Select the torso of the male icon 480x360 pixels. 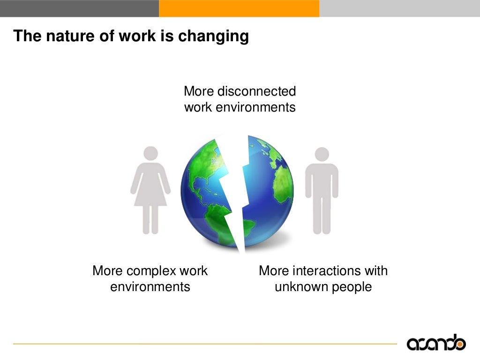(x=322, y=180)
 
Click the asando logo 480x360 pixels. (x=436, y=343)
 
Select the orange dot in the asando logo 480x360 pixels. (x=461, y=345)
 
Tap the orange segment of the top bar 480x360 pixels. (x=239, y=8)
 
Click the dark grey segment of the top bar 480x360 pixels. (x=79, y=8)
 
